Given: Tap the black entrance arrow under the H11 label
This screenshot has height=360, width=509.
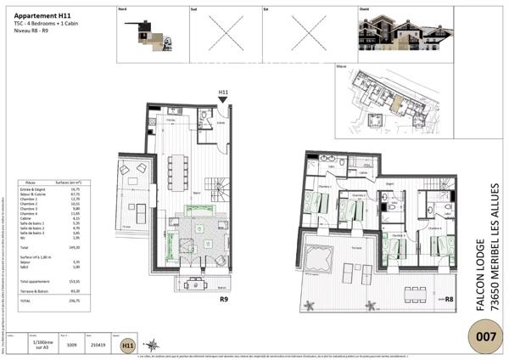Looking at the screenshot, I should click(x=223, y=101).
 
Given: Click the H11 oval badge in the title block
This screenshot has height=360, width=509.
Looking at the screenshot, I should click(x=128, y=346).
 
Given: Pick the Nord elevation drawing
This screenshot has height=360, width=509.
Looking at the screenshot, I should click(x=144, y=35).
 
